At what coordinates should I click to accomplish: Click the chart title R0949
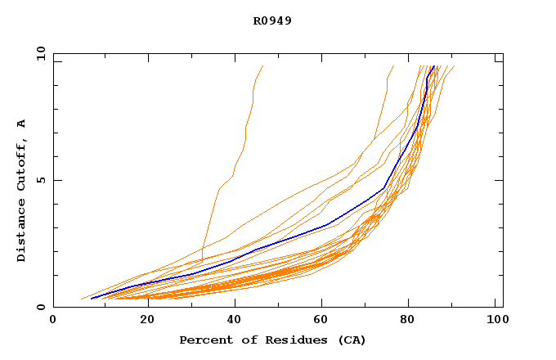coord(272,20)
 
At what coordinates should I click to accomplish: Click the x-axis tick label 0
coord(53,322)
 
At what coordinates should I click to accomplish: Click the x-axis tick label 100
coord(495,322)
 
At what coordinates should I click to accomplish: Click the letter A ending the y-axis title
coord(22,124)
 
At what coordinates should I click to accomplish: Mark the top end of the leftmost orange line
coord(262,66)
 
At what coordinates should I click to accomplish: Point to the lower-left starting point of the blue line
coord(91,299)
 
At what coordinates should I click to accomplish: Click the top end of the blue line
coord(433,66)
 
